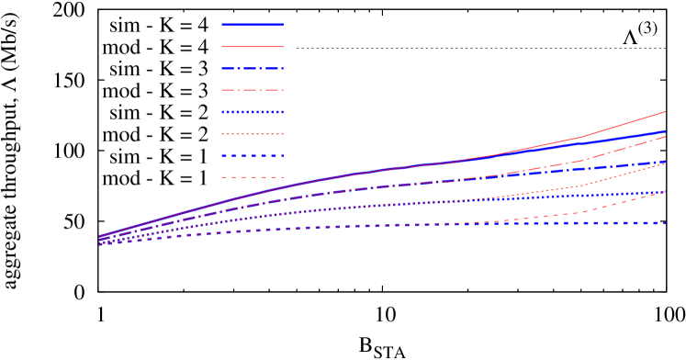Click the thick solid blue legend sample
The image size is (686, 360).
pyautogui.click(x=253, y=25)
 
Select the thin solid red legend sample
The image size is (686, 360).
pyautogui.click(x=253, y=46)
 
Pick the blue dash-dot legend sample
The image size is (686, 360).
pyautogui.click(x=253, y=68)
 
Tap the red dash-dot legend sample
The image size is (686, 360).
pyautogui.click(x=253, y=90)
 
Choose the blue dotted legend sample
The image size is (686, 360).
pyautogui.click(x=253, y=112)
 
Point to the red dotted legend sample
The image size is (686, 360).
pyautogui.click(x=253, y=134)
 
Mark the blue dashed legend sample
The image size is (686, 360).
pyautogui.click(x=253, y=155)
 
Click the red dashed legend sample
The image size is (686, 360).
pyautogui.click(x=253, y=177)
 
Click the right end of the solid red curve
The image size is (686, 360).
pyautogui.click(x=665, y=112)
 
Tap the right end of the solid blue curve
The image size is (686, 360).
pyautogui.click(x=665, y=132)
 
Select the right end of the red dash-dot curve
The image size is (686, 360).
pyautogui.click(x=665, y=136)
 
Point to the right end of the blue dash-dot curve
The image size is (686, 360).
pyautogui.click(x=665, y=161)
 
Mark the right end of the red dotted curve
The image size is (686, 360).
pyautogui.click(x=665, y=163)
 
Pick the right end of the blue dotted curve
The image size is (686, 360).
pyautogui.click(x=665, y=192)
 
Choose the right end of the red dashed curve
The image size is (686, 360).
pyautogui.click(x=665, y=192)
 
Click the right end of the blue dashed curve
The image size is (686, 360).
pyautogui.click(x=665, y=223)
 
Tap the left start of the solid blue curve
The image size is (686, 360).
pyautogui.click(x=99, y=237)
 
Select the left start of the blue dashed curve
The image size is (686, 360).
pyautogui.click(x=99, y=244)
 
